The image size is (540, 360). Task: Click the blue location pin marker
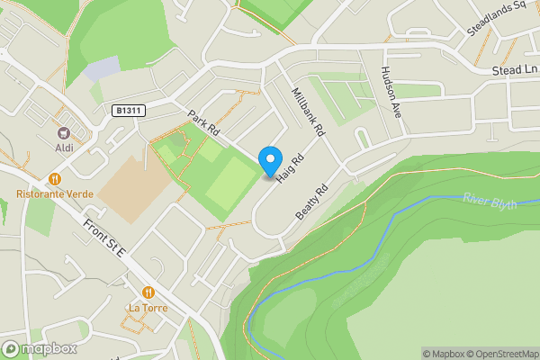pyautogui.click(x=269, y=161)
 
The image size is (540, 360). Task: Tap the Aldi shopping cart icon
pyautogui.click(x=64, y=133)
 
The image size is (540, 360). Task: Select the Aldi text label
pyautogui.click(x=64, y=147)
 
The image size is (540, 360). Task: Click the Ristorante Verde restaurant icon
pyautogui.click(x=56, y=179)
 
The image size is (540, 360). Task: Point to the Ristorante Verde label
pyautogui.click(x=56, y=193)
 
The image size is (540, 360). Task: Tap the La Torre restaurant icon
pyautogui.click(x=148, y=292)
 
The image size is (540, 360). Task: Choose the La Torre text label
pyautogui.click(x=148, y=307)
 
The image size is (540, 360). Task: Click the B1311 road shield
pyautogui.click(x=129, y=110)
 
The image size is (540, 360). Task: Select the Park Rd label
pyautogui.click(x=203, y=124)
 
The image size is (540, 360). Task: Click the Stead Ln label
pyautogui.click(x=515, y=70)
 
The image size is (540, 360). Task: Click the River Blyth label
pyautogui.click(x=490, y=200)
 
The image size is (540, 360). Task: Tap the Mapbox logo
pyautogui.click(x=39, y=348)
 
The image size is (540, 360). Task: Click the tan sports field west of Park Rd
pyautogui.click(x=135, y=191)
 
